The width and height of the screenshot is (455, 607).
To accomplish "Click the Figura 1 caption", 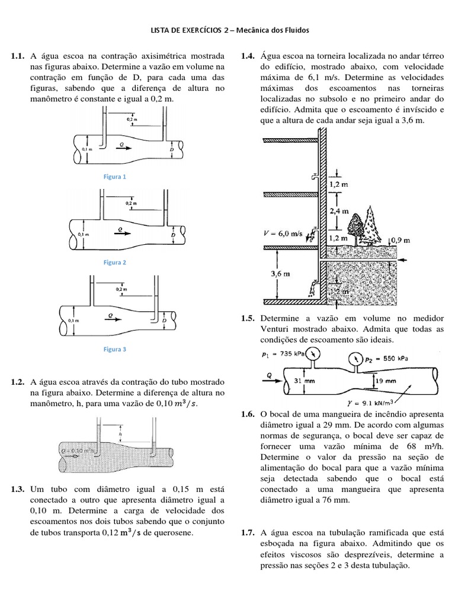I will (x=115, y=177).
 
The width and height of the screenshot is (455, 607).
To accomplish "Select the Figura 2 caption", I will (x=115, y=262).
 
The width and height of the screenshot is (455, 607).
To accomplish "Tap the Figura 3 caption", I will (x=115, y=350).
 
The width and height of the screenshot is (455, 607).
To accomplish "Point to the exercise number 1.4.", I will (x=247, y=56).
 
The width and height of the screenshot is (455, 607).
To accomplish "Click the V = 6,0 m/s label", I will (x=283, y=233).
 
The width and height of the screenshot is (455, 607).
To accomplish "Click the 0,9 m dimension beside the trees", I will (x=401, y=239).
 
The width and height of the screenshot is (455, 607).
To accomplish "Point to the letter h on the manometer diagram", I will (x=119, y=433).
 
